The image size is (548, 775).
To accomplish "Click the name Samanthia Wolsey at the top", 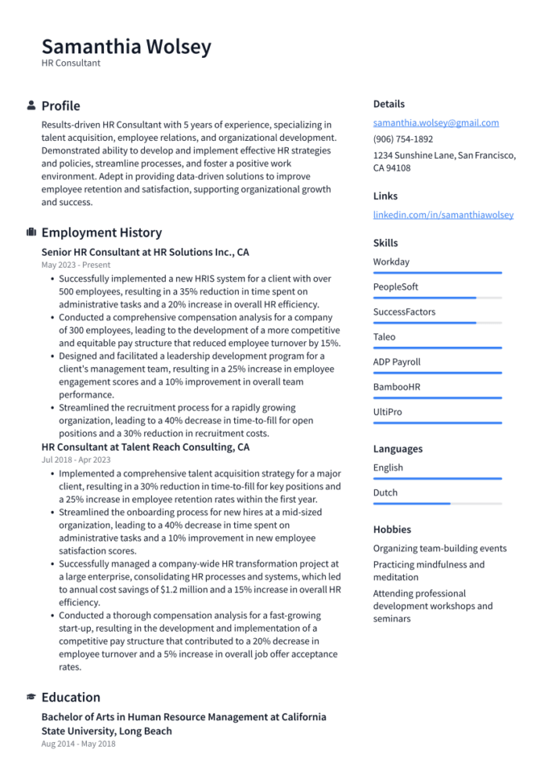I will pyautogui.click(x=126, y=47).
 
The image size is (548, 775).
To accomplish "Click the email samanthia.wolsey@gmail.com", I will pyautogui.click(x=435, y=123).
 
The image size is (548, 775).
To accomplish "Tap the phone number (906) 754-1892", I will pyautogui.click(x=402, y=139).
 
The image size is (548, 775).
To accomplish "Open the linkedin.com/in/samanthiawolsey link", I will pyautogui.click(x=443, y=214).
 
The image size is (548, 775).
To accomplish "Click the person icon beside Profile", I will pyautogui.click(x=31, y=106).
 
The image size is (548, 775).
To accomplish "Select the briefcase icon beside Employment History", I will pyautogui.click(x=31, y=232).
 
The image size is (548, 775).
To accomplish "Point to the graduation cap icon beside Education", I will pyautogui.click(x=31, y=697).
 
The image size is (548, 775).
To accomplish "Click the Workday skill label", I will pyautogui.click(x=391, y=262).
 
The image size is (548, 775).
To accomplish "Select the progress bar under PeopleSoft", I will pyautogui.click(x=437, y=298).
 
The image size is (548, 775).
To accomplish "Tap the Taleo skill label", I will pyautogui.click(x=384, y=337).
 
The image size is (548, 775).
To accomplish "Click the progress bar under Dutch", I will pyautogui.click(x=437, y=504).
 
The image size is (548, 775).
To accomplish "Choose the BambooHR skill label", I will pyautogui.click(x=396, y=387).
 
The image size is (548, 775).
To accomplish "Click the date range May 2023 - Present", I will pyautogui.click(x=76, y=265).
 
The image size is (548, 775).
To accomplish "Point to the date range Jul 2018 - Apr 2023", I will pyautogui.click(x=76, y=460).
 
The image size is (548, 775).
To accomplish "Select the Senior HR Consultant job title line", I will pyautogui.click(x=145, y=253).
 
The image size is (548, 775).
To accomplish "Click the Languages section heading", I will pyautogui.click(x=398, y=449).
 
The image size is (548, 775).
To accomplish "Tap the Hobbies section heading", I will pyautogui.click(x=391, y=530).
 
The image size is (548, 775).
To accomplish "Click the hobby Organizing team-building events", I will pyautogui.click(x=439, y=549).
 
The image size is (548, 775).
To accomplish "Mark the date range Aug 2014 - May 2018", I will pyautogui.click(x=78, y=744).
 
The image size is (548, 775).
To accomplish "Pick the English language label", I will pyautogui.click(x=388, y=468).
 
